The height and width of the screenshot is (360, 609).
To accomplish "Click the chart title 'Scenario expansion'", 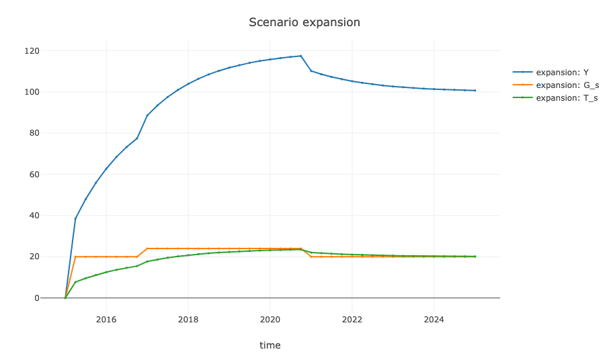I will [x=304, y=22].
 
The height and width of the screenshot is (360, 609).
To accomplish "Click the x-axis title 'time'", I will [x=270, y=345].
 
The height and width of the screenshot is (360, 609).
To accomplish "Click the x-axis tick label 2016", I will [x=106, y=319].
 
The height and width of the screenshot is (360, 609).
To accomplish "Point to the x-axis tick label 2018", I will [x=188, y=319].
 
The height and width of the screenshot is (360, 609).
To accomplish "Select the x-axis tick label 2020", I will [x=270, y=319].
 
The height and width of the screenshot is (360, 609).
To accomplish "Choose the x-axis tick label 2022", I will [x=352, y=319].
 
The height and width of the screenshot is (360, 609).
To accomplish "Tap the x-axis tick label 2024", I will [x=434, y=319].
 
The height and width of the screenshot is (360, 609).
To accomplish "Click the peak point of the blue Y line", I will [x=300, y=56].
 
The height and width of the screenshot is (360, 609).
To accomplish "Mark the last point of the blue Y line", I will [x=475, y=91].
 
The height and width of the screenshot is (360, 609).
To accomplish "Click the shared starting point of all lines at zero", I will [x=65, y=298].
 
